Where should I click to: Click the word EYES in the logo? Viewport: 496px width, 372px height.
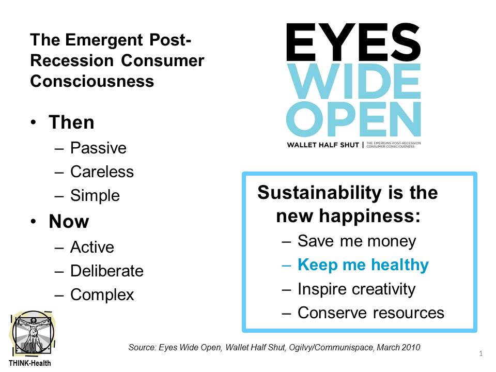[353, 42]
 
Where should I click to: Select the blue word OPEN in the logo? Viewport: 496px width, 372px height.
[353, 119]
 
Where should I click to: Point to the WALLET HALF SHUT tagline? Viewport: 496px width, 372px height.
[323, 145]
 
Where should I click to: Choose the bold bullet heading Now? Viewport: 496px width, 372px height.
[69, 221]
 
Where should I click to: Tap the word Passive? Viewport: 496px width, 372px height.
[98, 148]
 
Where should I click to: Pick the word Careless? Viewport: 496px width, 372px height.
[102, 172]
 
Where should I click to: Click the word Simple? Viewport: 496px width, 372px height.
[95, 195]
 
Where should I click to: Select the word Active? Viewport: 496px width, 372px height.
[92, 247]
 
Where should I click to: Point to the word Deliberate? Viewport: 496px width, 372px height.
[107, 271]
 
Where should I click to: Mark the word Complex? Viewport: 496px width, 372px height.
[102, 295]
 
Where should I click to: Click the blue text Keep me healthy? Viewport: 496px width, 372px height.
[363, 265]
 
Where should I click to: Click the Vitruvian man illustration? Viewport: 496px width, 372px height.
[33, 333]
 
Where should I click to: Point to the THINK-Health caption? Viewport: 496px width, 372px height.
[30, 363]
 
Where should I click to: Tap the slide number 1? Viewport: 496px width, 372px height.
[481, 353]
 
